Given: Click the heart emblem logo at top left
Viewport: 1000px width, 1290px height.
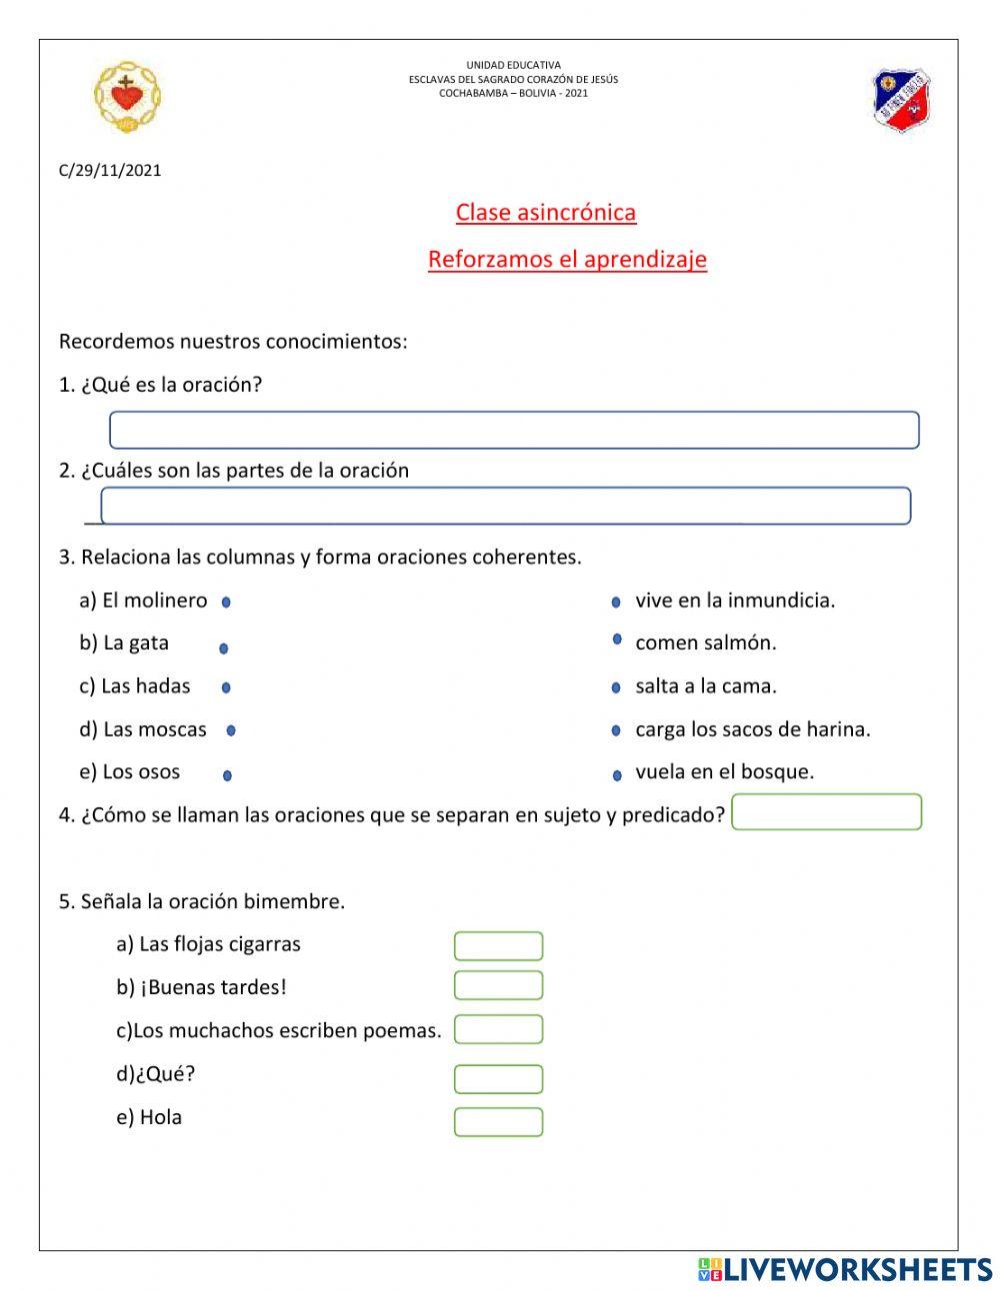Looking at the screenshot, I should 127,97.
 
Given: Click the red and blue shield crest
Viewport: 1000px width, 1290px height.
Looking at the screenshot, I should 901,100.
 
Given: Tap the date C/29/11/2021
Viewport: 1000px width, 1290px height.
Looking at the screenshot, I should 110,170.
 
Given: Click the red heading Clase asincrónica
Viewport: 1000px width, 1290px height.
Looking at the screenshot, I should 546,212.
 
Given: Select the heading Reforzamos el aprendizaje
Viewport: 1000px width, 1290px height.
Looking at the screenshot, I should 567,259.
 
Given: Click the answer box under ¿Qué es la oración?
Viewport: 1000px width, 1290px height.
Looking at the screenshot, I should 514,430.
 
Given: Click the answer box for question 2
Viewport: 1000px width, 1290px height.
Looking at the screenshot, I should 506,506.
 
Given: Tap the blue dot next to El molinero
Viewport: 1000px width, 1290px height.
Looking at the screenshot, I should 226,603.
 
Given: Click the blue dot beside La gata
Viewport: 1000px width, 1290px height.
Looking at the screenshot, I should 223,648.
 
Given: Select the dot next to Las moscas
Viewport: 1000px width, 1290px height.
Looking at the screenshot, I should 231,731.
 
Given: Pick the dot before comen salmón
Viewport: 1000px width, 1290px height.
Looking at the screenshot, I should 617,640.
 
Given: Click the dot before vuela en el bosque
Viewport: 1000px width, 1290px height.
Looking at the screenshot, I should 616,774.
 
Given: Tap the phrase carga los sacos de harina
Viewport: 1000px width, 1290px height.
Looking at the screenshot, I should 753,729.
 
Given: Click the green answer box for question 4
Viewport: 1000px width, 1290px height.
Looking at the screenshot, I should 826,812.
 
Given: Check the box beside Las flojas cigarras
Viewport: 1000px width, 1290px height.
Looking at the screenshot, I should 498,946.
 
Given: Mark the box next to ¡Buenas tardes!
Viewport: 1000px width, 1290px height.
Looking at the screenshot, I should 498,985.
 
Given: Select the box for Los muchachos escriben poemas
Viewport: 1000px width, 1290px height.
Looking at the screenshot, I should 498,1029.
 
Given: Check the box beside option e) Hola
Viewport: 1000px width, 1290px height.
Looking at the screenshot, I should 498,1122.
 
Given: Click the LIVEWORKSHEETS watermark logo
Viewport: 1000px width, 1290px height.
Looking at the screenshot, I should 845,1269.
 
